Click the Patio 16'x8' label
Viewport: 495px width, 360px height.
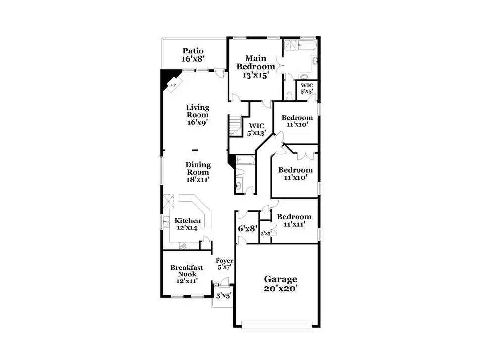tap(193, 54)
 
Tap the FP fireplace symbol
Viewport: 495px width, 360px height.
tap(174, 84)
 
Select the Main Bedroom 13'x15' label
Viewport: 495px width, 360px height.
tap(255, 67)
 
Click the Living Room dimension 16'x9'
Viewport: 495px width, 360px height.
tap(198, 122)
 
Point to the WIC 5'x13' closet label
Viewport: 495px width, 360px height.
tap(256, 129)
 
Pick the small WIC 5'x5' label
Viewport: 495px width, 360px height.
tap(306, 89)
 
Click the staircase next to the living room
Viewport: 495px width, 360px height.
tap(235, 125)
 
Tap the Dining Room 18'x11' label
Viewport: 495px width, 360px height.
tap(198, 172)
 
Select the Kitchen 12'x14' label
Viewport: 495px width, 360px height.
tap(188, 224)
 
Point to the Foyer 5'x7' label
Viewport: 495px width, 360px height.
tap(224, 264)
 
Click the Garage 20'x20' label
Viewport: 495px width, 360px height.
tap(281, 284)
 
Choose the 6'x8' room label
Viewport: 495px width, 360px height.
tap(247, 228)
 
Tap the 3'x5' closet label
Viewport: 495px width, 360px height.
tap(266, 234)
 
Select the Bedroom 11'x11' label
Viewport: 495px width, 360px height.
tap(294, 220)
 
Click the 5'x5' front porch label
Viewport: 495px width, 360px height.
tap(224, 296)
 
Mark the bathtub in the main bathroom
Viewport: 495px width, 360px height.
tap(307, 45)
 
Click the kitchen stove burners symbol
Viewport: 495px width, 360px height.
tap(183, 246)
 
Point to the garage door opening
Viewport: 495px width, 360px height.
tap(277, 325)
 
